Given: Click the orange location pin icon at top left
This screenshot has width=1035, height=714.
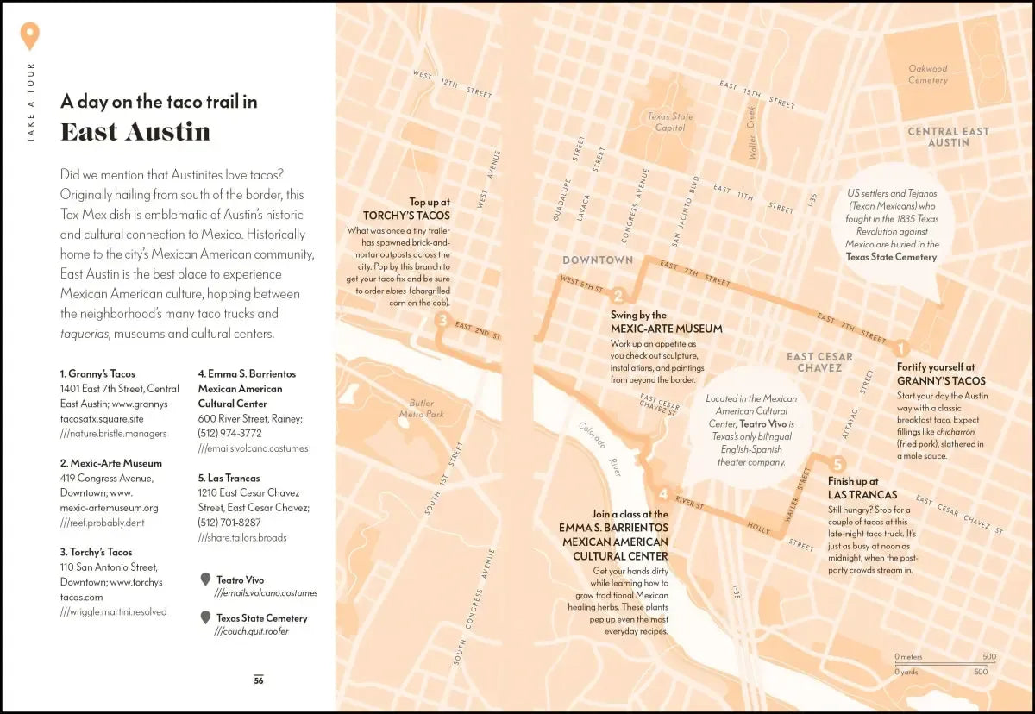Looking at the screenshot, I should pyautogui.click(x=30, y=36).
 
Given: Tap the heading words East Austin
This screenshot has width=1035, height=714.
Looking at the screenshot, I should pyautogui.click(x=135, y=132).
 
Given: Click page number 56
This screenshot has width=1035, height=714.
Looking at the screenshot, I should pyautogui.click(x=259, y=680).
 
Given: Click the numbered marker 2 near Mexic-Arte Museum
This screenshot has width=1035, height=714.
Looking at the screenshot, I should pyautogui.click(x=618, y=296).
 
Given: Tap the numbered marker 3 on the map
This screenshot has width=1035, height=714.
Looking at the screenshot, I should pyautogui.click(x=442, y=321).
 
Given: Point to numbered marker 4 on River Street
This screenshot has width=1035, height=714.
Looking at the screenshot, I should pyautogui.click(x=662, y=493).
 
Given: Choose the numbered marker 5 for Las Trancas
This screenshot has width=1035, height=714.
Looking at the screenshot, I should pyautogui.click(x=838, y=463).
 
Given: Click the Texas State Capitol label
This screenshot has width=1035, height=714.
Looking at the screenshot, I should pyautogui.click(x=670, y=122).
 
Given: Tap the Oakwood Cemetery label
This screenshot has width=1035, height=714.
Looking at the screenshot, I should pyautogui.click(x=927, y=74).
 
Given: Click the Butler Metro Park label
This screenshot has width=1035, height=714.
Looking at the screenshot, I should pyautogui.click(x=421, y=409).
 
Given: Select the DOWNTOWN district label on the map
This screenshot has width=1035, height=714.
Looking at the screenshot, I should pyautogui.click(x=598, y=260).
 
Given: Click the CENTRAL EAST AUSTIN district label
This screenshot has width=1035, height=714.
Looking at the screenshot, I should pyautogui.click(x=948, y=136).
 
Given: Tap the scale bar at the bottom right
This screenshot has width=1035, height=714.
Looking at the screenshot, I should pyautogui.click(x=945, y=663).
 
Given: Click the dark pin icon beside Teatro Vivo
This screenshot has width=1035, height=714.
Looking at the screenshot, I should pyautogui.click(x=205, y=579).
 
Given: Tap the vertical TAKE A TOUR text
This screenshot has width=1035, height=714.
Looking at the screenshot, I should pyautogui.click(x=31, y=103).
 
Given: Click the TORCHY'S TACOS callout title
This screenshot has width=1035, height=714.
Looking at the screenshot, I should pyautogui.click(x=406, y=216).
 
